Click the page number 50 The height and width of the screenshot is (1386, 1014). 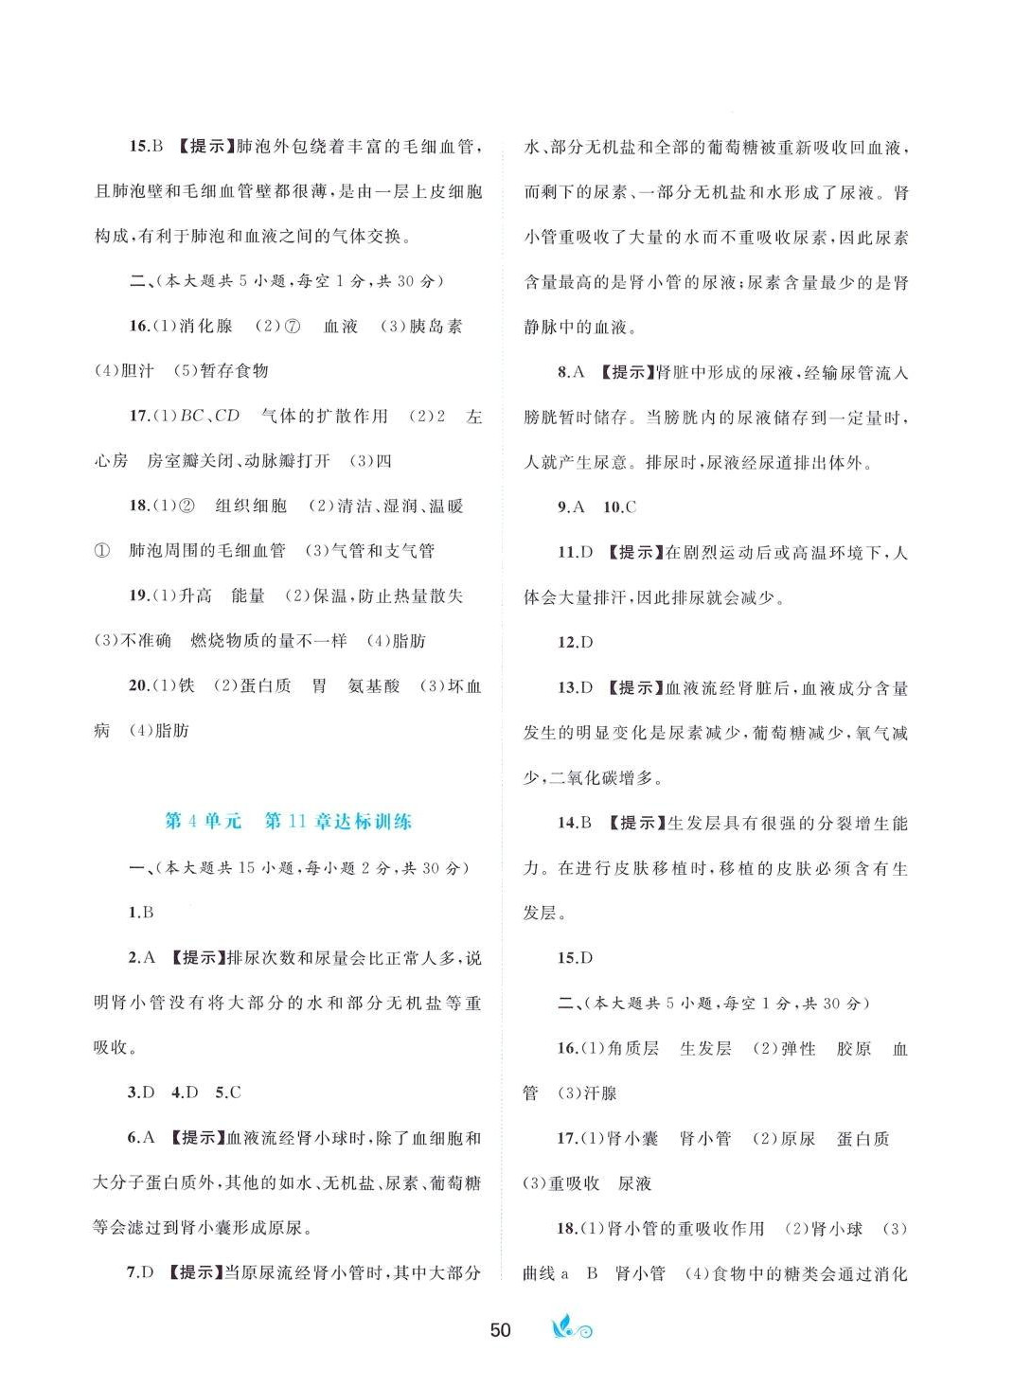pyautogui.click(x=500, y=1329)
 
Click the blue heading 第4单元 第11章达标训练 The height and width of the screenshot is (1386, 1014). pyautogui.click(x=289, y=821)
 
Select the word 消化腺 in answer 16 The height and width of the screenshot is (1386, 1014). pyautogui.click(x=205, y=326)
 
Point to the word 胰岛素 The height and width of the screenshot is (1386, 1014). pyautogui.click(x=436, y=326)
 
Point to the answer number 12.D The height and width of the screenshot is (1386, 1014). pyautogui.click(x=575, y=642)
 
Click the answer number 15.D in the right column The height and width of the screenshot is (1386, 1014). pyautogui.click(x=575, y=957)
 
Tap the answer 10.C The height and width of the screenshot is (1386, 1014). pyautogui.click(x=619, y=506)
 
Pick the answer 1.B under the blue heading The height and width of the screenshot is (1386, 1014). pyautogui.click(x=141, y=912)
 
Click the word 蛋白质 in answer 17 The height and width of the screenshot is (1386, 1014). pyautogui.click(x=863, y=1138)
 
